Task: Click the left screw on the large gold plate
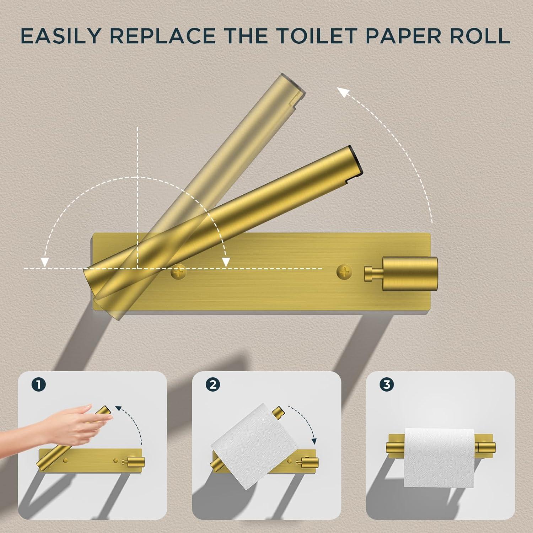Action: [178, 273]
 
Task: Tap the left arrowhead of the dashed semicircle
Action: [44, 262]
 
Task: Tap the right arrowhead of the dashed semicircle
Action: [225, 262]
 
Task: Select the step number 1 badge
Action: [38, 384]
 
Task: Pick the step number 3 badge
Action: [387, 384]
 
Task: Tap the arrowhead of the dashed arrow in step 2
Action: [314, 441]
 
